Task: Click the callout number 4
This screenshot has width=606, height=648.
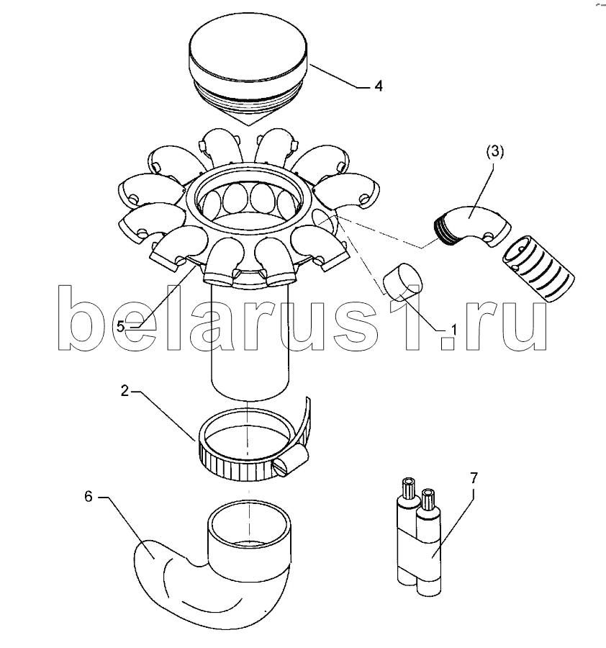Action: point(378,86)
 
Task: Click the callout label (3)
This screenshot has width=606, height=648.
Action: point(494,152)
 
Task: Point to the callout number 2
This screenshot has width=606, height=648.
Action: point(125,390)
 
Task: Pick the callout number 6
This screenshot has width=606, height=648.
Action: point(88,496)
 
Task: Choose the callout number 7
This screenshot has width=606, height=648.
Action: point(474,478)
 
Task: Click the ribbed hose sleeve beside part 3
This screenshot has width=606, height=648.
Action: point(538,269)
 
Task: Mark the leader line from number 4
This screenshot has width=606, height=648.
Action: point(338,76)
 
